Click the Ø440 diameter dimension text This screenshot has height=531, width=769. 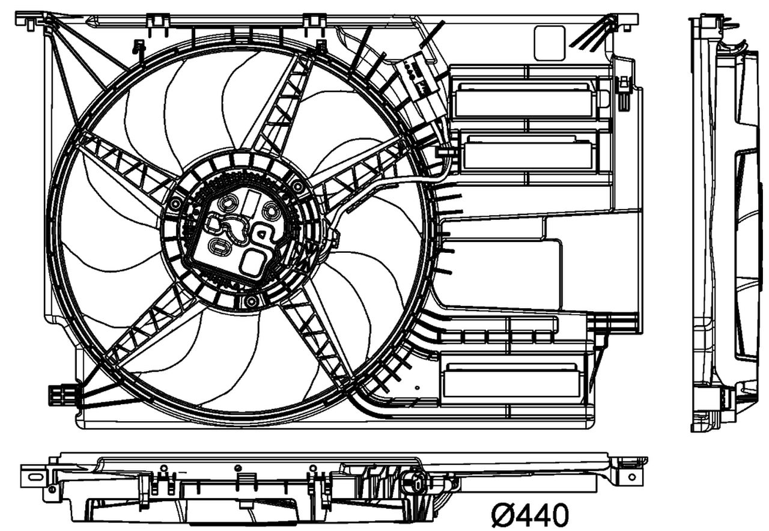pyautogui.click(x=529, y=515)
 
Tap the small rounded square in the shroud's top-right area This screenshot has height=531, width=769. pyautogui.click(x=549, y=43)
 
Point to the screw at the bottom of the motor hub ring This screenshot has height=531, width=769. pyautogui.click(x=251, y=300)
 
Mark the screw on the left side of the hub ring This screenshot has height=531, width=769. pyautogui.click(x=175, y=205)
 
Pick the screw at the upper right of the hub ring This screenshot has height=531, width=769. pyautogui.click(x=297, y=186)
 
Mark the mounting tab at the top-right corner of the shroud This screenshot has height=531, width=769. pyautogui.click(x=625, y=21)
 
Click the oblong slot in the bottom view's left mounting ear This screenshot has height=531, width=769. pyautogui.click(x=35, y=478)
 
